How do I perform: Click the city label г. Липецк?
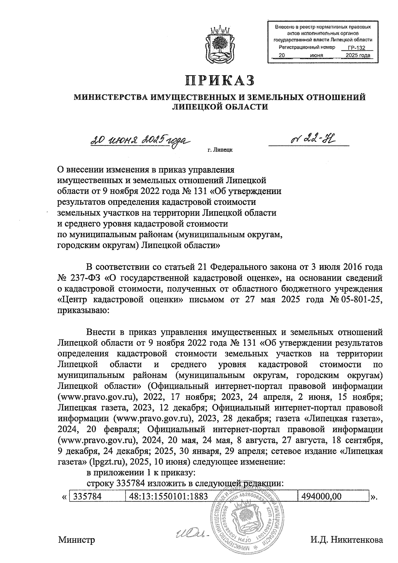click(x=220, y=150)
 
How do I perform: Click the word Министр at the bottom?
click(x=77, y=540)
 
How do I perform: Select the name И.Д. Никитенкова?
click(x=347, y=540)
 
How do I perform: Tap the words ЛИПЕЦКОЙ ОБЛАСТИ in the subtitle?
click(x=220, y=106)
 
